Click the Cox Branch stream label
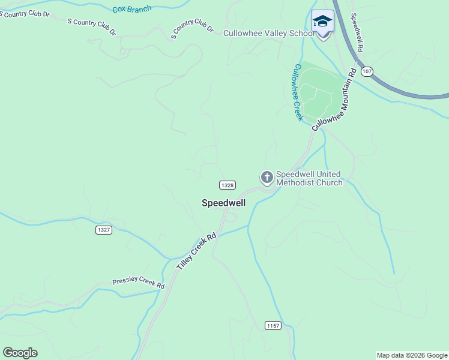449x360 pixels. [132, 9]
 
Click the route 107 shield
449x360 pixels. [367, 71]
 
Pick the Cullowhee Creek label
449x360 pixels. [295, 92]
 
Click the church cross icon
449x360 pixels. [267, 178]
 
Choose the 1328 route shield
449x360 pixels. [227, 185]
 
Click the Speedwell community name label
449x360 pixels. [223, 203]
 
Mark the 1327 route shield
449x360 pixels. [104, 230]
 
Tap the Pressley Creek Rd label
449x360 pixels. [138, 283]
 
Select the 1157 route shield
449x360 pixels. [273, 325]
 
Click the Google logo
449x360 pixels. [20, 353]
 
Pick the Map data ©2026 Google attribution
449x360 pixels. [412, 355]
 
